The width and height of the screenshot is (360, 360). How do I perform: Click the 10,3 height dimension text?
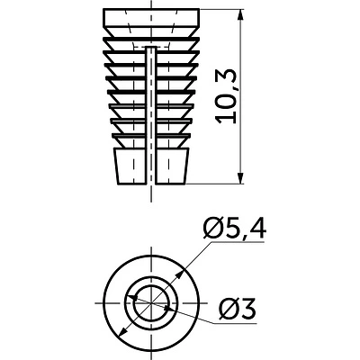click(x=227, y=96)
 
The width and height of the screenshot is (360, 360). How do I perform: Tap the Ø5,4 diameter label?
click(x=234, y=229)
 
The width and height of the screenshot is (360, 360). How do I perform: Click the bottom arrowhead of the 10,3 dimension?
click(x=240, y=178)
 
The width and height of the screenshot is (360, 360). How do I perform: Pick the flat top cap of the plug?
click(x=151, y=17)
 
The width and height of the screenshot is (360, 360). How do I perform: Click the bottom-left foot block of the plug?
click(x=130, y=166)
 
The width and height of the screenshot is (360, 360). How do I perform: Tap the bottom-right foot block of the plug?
click(x=172, y=166)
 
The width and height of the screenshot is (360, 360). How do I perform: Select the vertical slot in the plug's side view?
click(x=151, y=114)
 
